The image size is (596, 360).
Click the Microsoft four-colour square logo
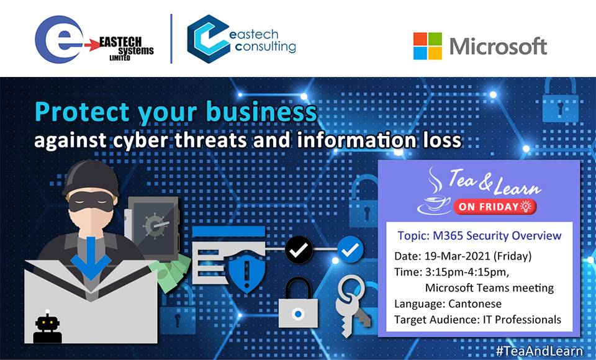[428, 46]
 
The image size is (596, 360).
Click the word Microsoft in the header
[499, 47]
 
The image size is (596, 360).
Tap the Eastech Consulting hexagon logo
[209, 38]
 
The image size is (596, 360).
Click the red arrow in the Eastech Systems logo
[92, 45]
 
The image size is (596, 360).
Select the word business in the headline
[261, 112]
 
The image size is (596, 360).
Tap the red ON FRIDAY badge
[495, 207]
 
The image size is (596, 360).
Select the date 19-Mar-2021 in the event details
[458, 256]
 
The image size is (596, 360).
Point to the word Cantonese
[475, 304]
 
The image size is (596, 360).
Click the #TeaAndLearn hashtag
[540, 350]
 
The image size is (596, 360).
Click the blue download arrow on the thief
[91, 258]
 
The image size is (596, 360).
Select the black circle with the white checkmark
[299, 250]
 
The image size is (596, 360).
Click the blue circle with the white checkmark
[350, 250]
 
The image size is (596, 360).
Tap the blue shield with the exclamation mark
[247, 272]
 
